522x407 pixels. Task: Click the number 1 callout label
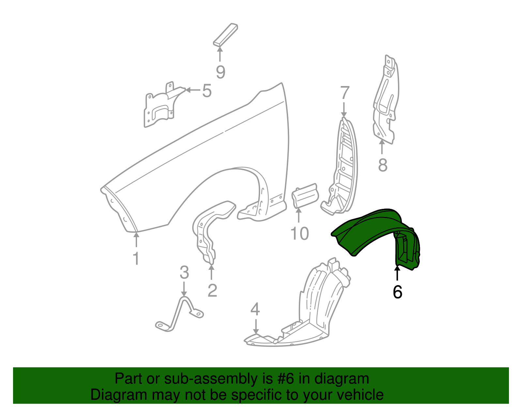pos(136,259)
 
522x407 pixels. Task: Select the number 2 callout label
pos(212,290)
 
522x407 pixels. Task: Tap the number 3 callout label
pos(184,272)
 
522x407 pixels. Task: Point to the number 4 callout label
pos(255,309)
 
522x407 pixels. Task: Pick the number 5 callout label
pos(207,91)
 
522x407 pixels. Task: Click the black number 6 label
pos(397,292)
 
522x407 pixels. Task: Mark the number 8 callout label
pos(383,165)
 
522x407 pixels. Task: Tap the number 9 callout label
pos(221,72)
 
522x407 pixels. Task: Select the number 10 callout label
pos(299,234)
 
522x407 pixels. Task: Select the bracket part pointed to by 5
pos(160,108)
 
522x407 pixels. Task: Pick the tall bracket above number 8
pos(386,101)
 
